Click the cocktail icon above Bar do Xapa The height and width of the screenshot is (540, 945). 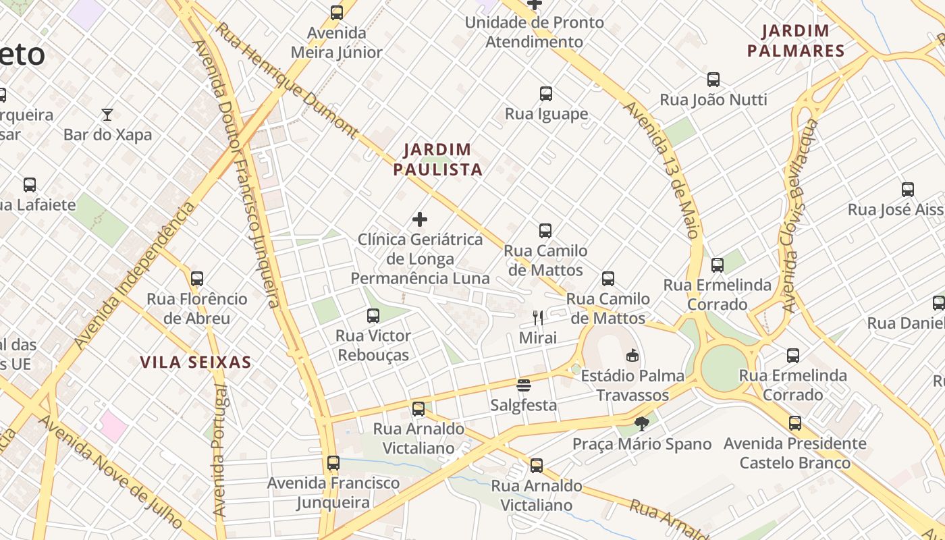(x=107, y=114)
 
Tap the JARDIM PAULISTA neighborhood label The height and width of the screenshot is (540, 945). (x=437, y=159)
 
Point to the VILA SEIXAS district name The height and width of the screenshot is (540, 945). (x=196, y=362)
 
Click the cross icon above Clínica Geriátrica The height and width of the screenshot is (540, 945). (x=420, y=219)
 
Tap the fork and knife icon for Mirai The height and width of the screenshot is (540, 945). (x=538, y=318)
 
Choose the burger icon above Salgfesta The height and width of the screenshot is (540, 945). (x=524, y=385)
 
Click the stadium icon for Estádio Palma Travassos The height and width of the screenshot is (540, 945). (x=632, y=355)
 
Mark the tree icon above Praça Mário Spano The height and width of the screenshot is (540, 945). (x=642, y=424)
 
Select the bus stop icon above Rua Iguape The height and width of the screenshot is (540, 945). (x=546, y=94)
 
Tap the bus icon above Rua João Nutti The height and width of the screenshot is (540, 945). (x=713, y=80)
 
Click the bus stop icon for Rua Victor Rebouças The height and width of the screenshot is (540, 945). (x=373, y=315)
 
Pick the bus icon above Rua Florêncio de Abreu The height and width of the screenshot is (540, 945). (x=197, y=278)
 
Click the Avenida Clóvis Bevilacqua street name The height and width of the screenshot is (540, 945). (x=801, y=216)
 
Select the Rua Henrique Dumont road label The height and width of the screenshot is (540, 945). (x=288, y=80)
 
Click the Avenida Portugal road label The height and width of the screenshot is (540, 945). (x=220, y=451)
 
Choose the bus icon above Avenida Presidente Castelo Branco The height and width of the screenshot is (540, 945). (x=795, y=423)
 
